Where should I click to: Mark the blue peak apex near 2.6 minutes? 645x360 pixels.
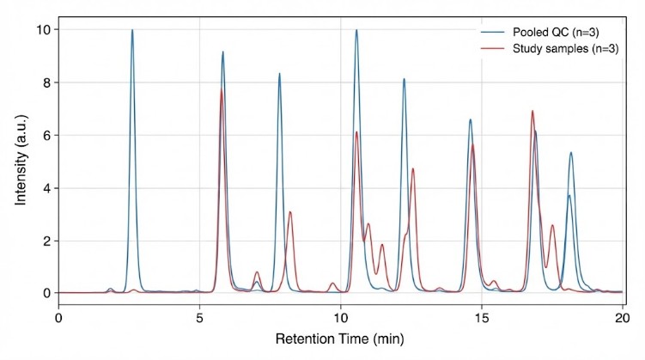click(x=132, y=30)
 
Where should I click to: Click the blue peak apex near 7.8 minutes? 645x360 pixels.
click(x=279, y=74)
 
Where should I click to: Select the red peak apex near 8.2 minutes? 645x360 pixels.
click(x=290, y=212)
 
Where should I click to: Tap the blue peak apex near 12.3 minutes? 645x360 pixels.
click(x=404, y=79)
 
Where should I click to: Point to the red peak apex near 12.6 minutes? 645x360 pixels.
click(x=413, y=168)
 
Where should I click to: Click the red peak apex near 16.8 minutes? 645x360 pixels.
click(x=532, y=111)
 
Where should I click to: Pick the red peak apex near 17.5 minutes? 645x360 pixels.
click(x=552, y=225)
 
